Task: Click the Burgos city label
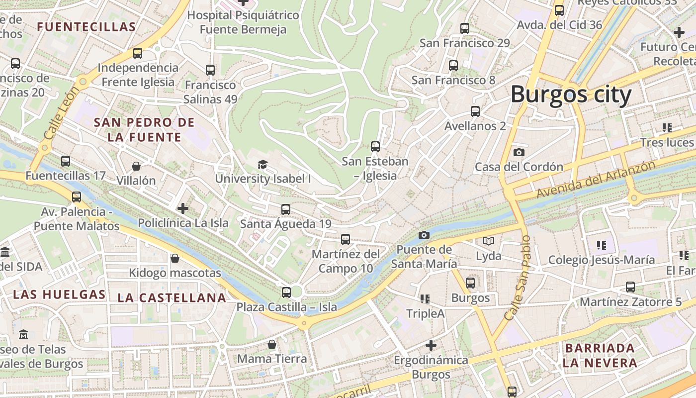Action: tap(571, 95)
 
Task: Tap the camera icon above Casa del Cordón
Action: tap(519, 152)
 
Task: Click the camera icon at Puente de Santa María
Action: tap(424, 235)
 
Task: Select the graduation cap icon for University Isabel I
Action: tap(262, 164)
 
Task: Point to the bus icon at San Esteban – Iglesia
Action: tap(375, 147)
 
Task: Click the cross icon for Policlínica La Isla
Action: tap(183, 208)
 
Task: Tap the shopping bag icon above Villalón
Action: tap(136, 166)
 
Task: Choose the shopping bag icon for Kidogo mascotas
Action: tap(174, 258)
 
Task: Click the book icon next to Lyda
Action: tap(489, 241)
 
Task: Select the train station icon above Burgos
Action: tap(470, 283)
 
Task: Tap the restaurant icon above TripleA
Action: tap(425, 298)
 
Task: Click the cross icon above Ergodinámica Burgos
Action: tap(431, 345)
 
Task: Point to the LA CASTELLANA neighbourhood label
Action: tap(172, 298)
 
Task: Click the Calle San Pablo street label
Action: tap(518, 278)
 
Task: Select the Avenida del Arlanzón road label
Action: tap(596, 180)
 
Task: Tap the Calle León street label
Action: tap(62, 113)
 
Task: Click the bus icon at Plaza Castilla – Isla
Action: tap(286, 293)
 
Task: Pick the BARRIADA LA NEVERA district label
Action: tap(600, 355)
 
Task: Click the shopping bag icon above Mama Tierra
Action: tap(271, 344)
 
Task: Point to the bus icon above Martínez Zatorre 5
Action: tap(630, 287)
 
